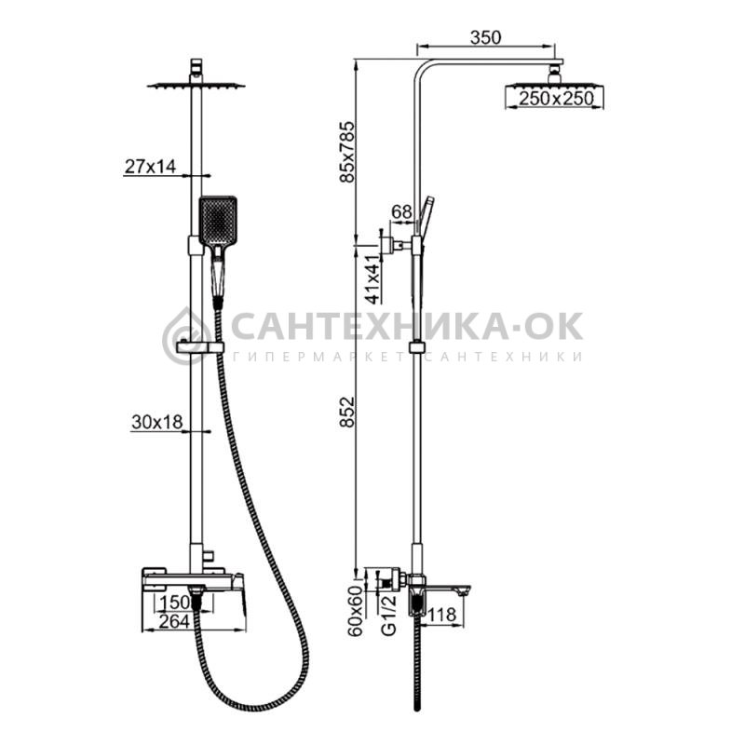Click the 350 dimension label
(x=485, y=37)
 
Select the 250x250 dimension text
(x=556, y=99)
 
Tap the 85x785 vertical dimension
(x=347, y=152)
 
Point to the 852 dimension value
(x=347, y=412)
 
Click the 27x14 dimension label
(x=150, y=167)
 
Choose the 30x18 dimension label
(x=156, y=422)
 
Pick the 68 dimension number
(x=402, y=212)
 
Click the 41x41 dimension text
(x=373, y=278)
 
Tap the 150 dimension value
(x=174, y=603)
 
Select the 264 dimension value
(x=174, y=621)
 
